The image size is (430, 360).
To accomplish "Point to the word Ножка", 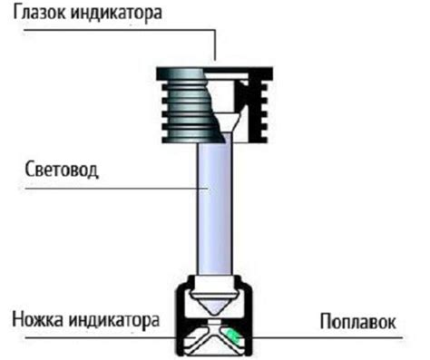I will coord(40,321).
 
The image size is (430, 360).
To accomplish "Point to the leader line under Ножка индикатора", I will coord(91,338).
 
